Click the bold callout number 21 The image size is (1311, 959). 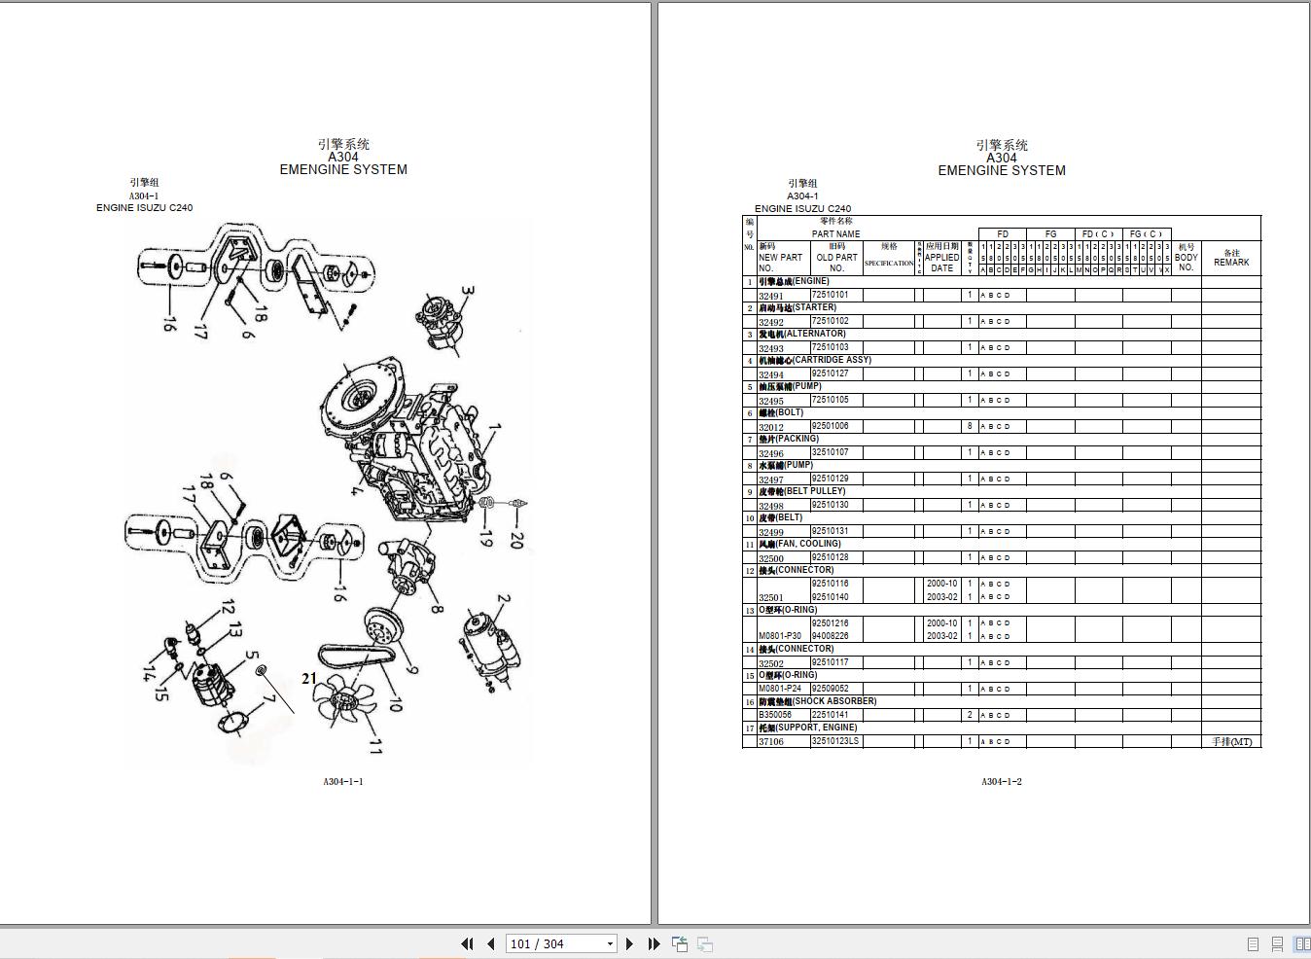coord(309,678)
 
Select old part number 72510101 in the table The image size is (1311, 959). coord(830,295)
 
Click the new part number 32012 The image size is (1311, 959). coord(771,427)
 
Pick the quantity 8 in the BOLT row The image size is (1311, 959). coord(970,426)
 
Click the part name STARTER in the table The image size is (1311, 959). coord(797,307)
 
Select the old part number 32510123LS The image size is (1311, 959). coord(835,741)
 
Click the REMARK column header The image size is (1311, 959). coord(1230,258)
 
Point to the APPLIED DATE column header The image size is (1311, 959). coord(941,258)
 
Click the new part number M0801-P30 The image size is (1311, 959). coord(780,636)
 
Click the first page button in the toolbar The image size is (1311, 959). coord(467,943)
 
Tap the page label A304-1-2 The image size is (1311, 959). coord(1001,782)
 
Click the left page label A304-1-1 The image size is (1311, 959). coord(343,781)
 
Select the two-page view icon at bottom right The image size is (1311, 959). coord(1301,943)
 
